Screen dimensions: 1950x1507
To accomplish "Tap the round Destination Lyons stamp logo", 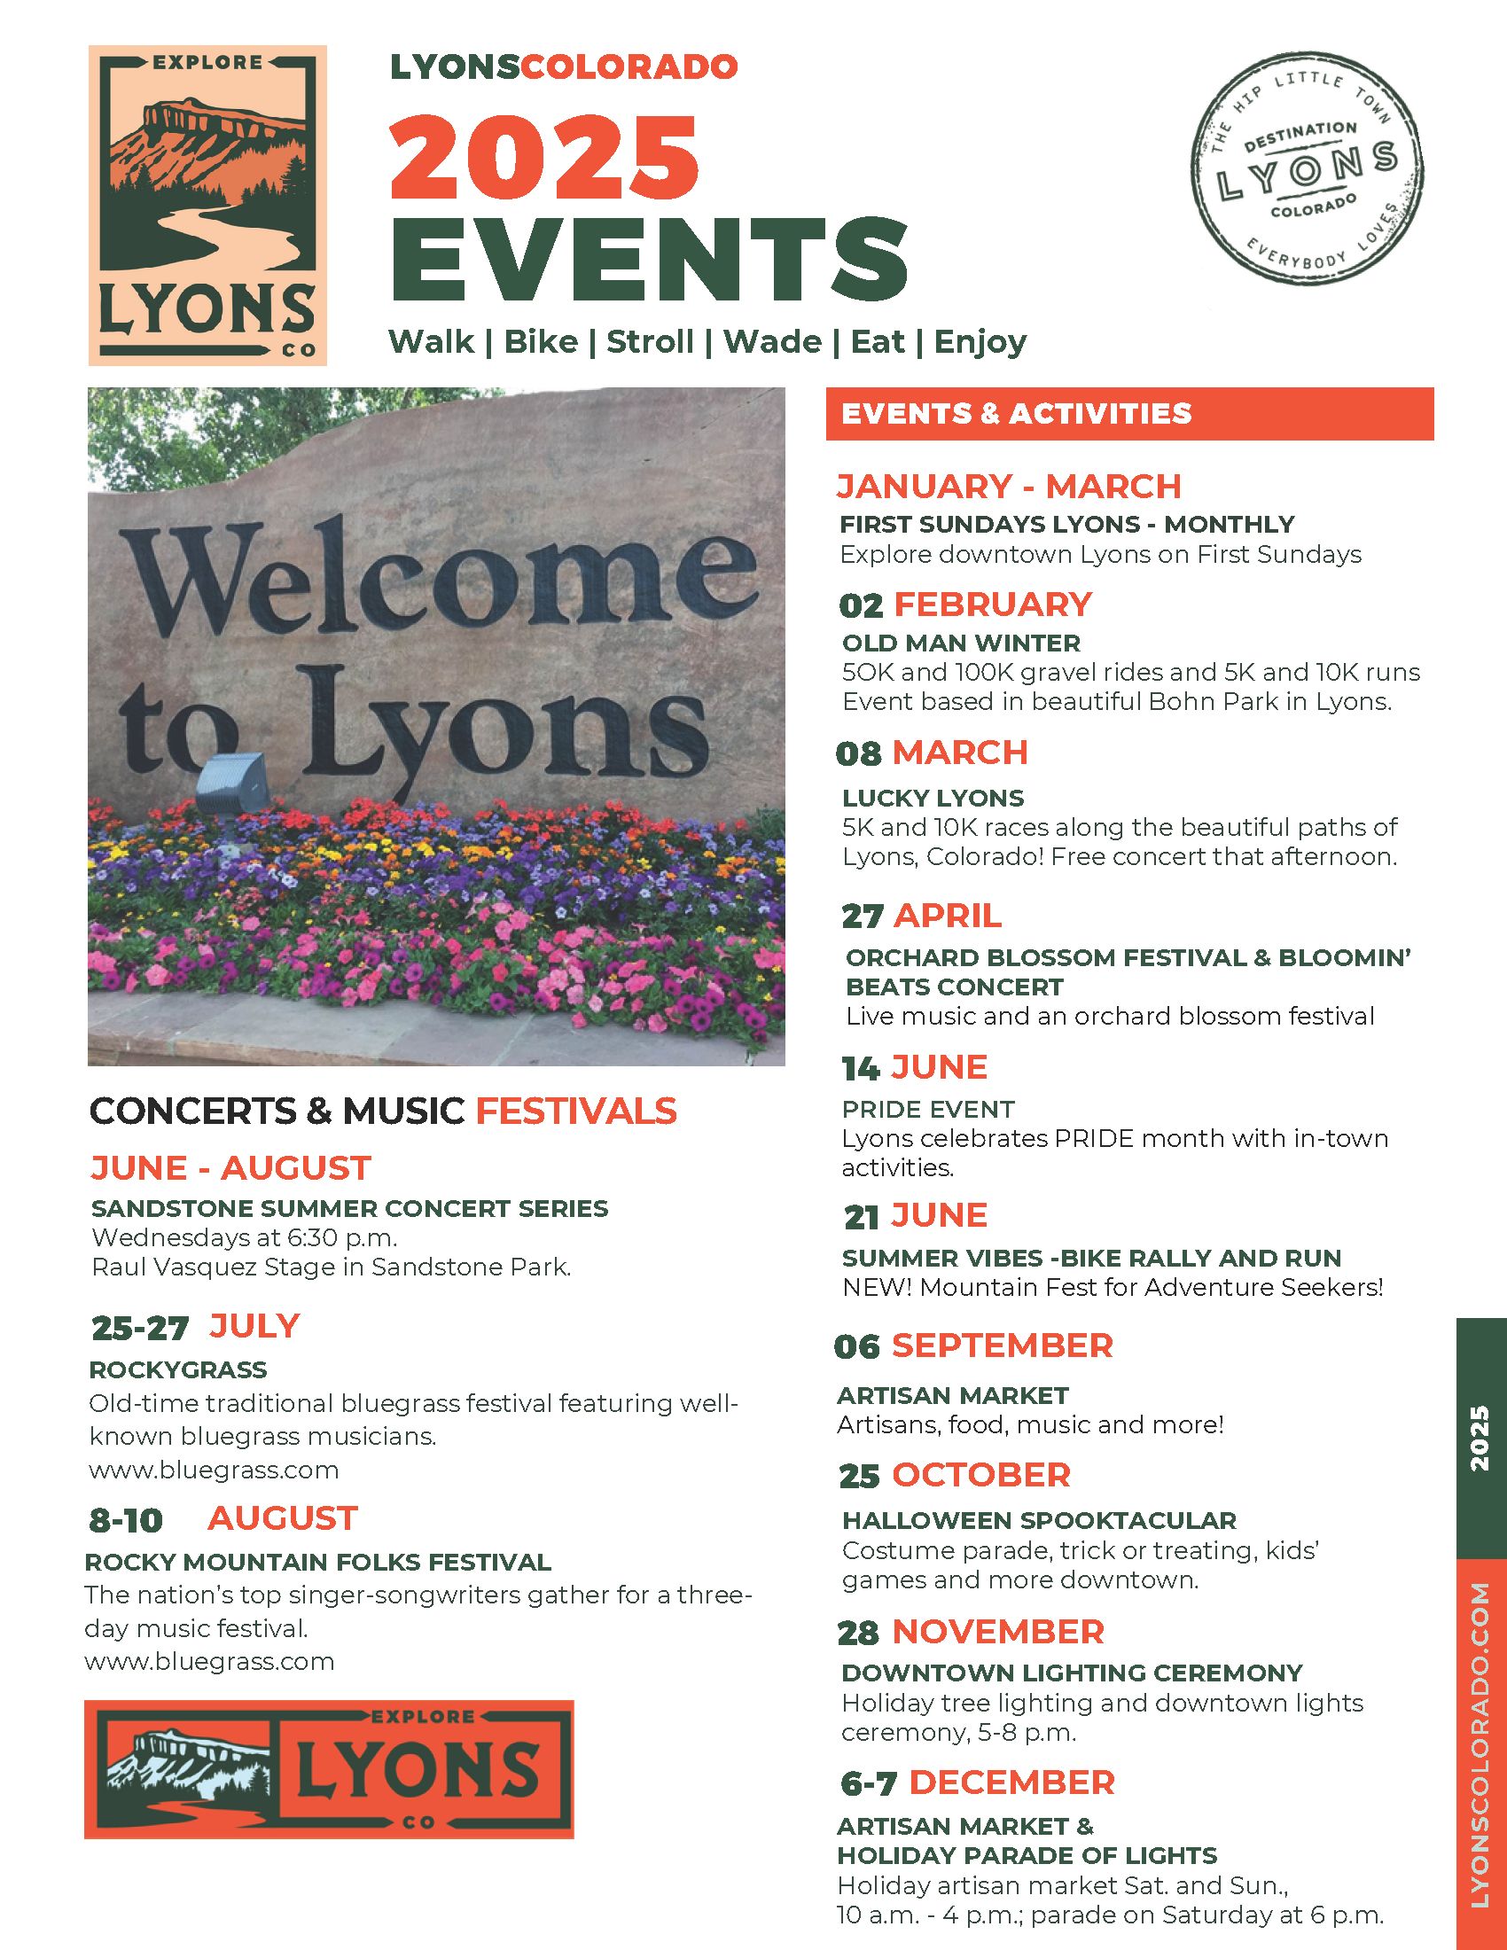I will pyautogui.click(x=1306, y=168).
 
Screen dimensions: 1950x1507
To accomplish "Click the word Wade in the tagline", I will pyautogui.click(x=772, y=342).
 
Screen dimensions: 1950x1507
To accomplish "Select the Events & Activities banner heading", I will pyautogui.click(x=1016, y=413).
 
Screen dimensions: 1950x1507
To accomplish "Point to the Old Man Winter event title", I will pyautogui.click(x=961, y=643).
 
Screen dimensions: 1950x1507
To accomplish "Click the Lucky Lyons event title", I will pyautogui.click(x=933, y=798).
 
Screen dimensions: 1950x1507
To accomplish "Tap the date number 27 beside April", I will pyautogui.click(x=862, y=916).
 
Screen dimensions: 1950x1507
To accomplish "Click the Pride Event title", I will pyautogui.click(x=927, y=1109).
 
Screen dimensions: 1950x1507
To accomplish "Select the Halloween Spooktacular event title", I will pyautogui.click(x=1039, y=1519).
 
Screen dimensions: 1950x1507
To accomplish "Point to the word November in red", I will pyautogui.click(x=998, y=1631).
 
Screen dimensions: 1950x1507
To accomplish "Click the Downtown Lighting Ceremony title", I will pyautogui.click(x=1072, y=1673).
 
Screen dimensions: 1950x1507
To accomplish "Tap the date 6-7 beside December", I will pyautogui.click(x=868, y=1783).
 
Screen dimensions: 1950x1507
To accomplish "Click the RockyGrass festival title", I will pyautogui.click(x=177, y=1369).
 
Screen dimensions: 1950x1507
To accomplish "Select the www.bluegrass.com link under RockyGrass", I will pyautogui.click(x=214, y=1470).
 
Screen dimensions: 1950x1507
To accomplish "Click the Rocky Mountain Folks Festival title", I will pyautogui.click(x=318, y=1562).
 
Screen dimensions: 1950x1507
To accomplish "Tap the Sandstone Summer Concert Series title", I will pyautogui.click(x=349, y=1208).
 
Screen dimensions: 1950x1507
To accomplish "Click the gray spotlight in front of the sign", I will pyautogui.click(x=233, y=783).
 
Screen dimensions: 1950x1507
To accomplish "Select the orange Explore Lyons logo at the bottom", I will pyautogui.click(x=329, y=1769).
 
